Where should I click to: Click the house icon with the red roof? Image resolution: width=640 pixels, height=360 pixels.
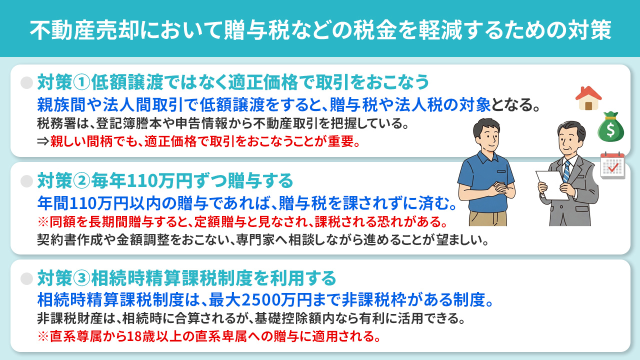[588, 98]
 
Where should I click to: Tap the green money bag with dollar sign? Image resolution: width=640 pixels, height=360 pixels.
[611, 126]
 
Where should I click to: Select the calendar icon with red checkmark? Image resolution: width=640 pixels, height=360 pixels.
[612, 165]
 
